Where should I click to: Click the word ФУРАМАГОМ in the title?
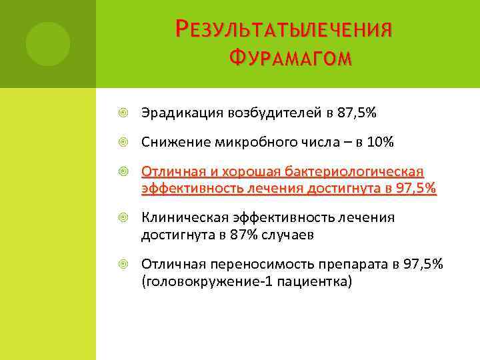[x=288, y=61]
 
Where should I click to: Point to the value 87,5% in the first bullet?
[x=357, y=114]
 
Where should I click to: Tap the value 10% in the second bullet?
[x=380, y=142]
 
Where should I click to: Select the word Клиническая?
[x=183, y=217]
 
